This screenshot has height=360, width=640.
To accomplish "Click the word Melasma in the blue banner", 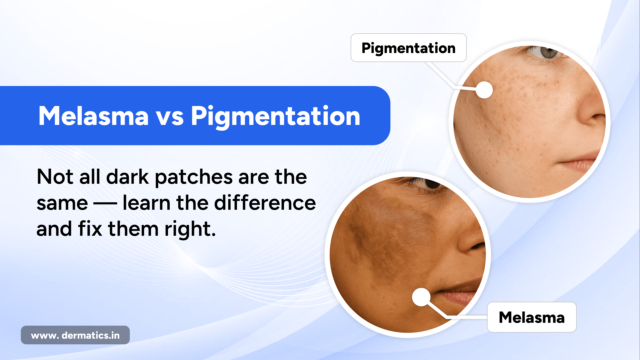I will (93, 116).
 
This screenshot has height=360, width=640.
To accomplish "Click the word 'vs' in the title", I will (170, 117).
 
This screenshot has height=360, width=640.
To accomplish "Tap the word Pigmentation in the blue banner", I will (275, 117).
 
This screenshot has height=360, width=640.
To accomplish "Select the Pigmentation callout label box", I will (408, 48).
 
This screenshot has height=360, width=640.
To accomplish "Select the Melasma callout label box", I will (531, 317).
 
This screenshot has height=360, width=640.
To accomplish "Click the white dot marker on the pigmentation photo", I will (484, 90).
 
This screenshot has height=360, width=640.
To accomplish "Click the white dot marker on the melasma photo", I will (421, 297).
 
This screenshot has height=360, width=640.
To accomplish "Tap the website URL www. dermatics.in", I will (75, 335).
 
